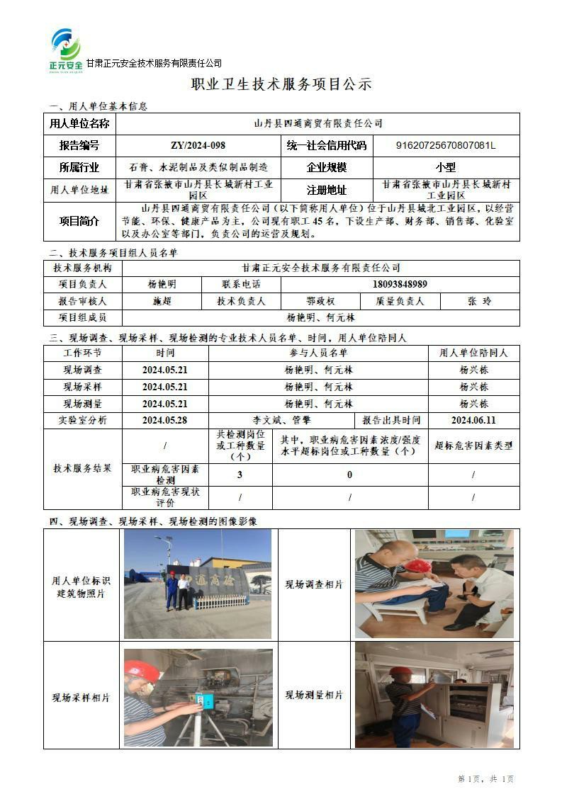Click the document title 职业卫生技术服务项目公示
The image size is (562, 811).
click(x=281, y=84)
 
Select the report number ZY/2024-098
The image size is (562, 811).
click(x=198, y=146)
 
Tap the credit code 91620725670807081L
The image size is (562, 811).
click(x=446, y=146)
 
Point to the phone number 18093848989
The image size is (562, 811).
click(x=400, y=284)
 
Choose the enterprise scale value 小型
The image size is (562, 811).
click(x=446, y=168)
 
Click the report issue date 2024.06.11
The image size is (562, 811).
click(x=473, y=420)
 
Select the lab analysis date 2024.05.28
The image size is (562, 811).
click(x=165, y=420)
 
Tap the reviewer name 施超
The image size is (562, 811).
click(x=162, y=301)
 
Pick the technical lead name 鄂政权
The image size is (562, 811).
click(x=320, y=301)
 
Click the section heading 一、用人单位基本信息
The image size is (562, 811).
click(x=99, y=107)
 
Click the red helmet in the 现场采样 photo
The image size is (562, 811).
click(x=140, y=670)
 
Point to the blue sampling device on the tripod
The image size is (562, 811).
click(x=206, y=701)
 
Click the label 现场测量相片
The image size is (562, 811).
click(x=314, y=696)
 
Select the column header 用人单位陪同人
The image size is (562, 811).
click(x=473, y=353)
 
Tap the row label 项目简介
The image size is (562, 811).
click(x=80, y=221)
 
